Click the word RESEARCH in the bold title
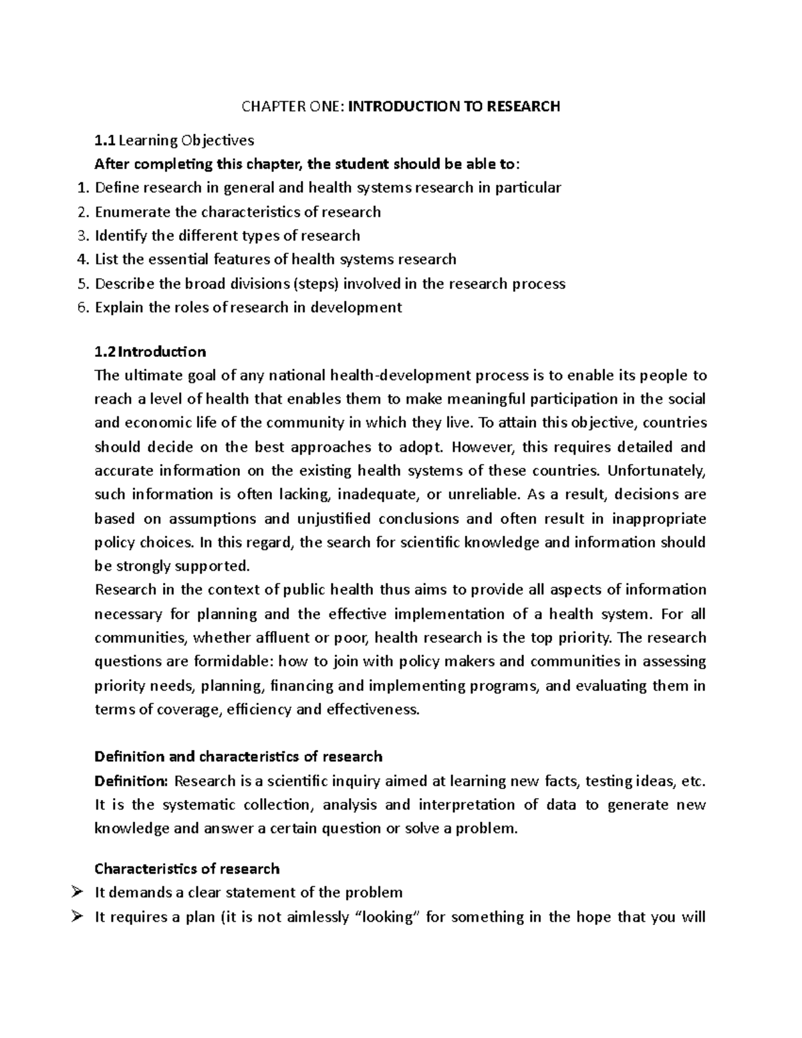click(x=522, y=106)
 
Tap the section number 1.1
click(x=105, y=140)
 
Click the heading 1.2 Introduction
click(x=150, y=352)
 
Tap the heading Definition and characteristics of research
click(x=239, y=757)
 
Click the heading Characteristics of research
click(x=187, y=869)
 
